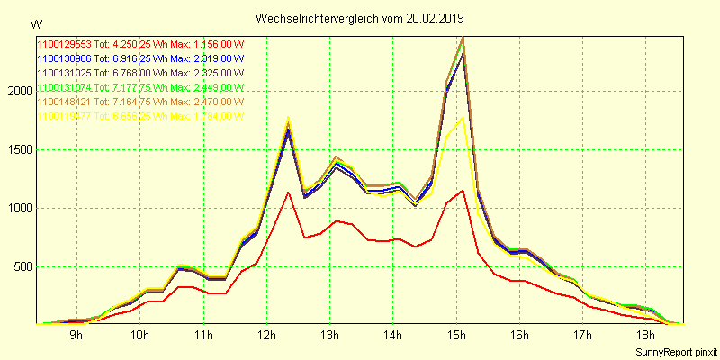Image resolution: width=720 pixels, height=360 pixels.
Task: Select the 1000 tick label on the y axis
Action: (x=20, y=209)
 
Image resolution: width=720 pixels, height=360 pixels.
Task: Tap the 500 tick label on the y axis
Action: (x=22, y=267)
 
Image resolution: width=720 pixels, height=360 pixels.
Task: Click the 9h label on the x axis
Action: (x=76, y=337)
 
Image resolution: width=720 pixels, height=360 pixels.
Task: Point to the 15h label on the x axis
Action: (x=456, y=337)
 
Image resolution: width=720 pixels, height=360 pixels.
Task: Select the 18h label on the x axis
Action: (x=646, y=337)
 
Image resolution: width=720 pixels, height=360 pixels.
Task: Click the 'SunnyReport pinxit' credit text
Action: (x=675, y=351)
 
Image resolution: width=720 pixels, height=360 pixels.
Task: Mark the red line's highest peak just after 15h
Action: (x=463, y=190)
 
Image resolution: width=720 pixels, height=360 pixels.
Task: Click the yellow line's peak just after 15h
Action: (x=463, y=117)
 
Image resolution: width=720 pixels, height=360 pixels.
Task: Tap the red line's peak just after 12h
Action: (x=287, y=192)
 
